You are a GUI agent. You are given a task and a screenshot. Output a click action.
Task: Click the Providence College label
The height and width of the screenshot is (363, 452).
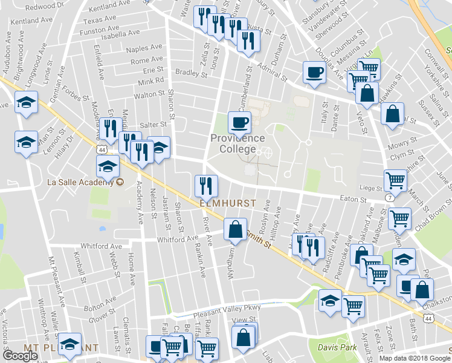pyautogui.click(x=237, y=143)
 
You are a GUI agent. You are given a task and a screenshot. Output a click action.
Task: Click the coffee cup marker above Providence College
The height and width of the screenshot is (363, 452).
pyautogui.click(x=239, y=122)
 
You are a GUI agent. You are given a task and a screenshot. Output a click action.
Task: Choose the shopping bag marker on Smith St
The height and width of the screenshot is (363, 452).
pyautogui.click(x=234, y=230)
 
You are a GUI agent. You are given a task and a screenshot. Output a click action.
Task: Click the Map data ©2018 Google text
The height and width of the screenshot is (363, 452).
pyautogui.click(x=415, y=358)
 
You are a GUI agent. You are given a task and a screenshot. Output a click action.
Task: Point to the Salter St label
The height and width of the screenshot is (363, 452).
pyautogui.click(x=153, y=124)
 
